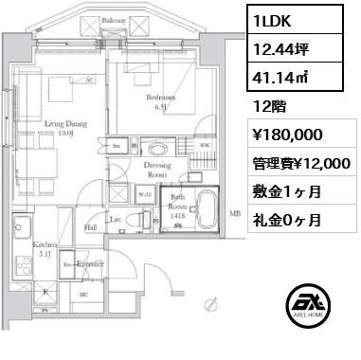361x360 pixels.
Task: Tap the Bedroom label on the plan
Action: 160,98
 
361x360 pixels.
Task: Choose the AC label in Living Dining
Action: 86,80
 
